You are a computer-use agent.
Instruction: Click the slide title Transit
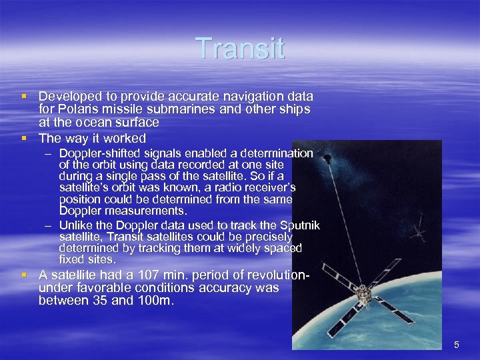pos(240,49)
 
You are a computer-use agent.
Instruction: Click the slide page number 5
pos(457,345)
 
